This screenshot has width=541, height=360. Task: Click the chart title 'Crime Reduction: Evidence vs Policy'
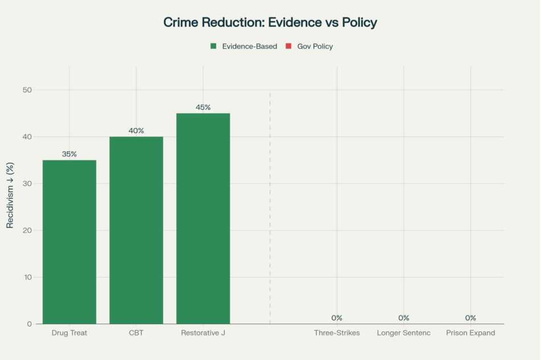270,23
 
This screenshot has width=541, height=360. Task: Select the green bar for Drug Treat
69,242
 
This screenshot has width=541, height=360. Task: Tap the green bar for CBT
136,230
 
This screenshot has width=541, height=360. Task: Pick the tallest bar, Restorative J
203,218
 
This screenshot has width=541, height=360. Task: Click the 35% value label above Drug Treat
69,154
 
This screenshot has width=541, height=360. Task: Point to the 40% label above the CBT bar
136,131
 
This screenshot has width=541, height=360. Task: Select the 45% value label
203,107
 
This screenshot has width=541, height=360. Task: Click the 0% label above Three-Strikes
337,318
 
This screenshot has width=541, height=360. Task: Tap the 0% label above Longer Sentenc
403,318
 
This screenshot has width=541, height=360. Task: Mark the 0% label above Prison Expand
470,318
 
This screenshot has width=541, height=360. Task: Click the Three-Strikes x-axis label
337,333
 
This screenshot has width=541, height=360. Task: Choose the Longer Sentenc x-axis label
403,333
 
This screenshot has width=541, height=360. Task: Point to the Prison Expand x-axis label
470,333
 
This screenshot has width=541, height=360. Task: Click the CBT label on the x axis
136,333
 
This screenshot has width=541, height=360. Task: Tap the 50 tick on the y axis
27,90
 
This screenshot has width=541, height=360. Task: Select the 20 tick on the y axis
27,230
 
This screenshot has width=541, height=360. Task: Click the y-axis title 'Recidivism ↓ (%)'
10,195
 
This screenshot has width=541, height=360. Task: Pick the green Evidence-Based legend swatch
213,47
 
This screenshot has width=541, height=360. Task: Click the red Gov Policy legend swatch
288,47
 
